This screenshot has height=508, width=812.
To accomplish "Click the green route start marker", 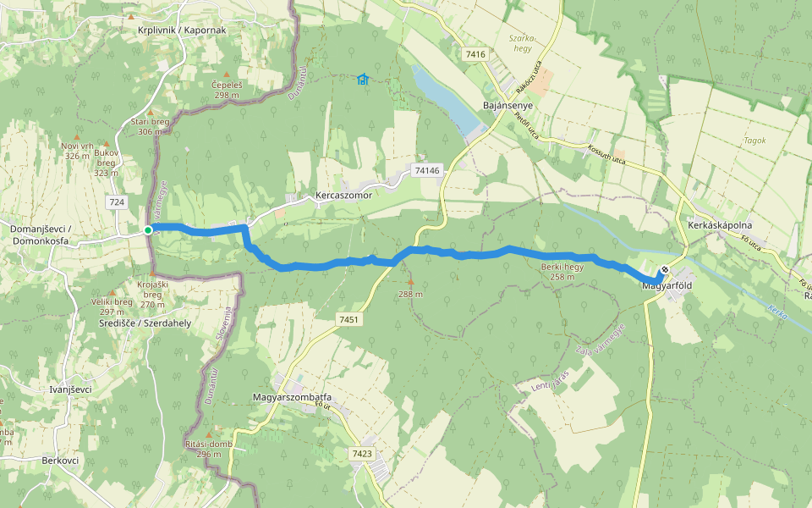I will click(x=148, y=229).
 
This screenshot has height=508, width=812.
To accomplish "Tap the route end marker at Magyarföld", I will click(x=666, y=271).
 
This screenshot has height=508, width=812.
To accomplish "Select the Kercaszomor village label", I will click(x=343, y=195).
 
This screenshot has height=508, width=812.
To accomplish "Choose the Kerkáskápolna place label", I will click(x=720, y=225).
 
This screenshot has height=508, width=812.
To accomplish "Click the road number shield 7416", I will click(x=475, y=54).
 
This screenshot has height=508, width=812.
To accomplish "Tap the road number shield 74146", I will click(x=428, y=170).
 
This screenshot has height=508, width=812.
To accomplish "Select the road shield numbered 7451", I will click(x=348, y=319).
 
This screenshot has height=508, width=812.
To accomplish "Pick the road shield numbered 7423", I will click(x=361, y=454).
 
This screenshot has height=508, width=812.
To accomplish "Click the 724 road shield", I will click(x=117, y=202).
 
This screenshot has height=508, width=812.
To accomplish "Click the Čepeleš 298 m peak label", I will click(x=227, y=90).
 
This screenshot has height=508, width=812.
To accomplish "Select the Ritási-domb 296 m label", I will click(x=203, y=449).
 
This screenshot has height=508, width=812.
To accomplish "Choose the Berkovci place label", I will click(x=60, y=461).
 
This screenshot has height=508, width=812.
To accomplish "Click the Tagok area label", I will click(x=754, y=141).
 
